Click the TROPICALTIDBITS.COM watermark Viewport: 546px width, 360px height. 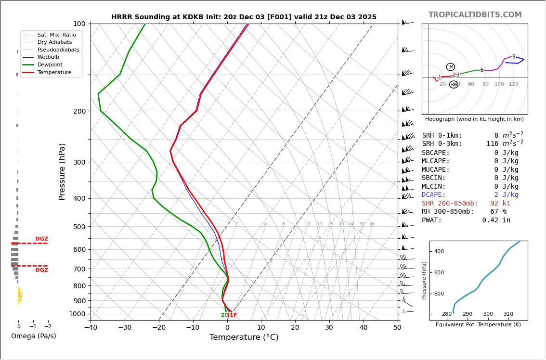tap(475, 15)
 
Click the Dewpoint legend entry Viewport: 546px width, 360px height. tap(50, 64)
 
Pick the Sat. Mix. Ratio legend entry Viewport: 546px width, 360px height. tap(56, 35)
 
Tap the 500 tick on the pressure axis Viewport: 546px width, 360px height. tap(79, 227)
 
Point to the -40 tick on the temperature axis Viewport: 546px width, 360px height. tap(91, 328)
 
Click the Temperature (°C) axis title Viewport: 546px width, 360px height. tap(244, 337)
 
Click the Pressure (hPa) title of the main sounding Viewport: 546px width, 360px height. tap(62, 171)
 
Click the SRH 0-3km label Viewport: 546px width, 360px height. tap(442, 144)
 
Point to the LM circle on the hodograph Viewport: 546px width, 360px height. tap(450, 67)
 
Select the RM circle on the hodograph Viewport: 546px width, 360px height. tap(454, 85)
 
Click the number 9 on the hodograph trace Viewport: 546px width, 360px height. tap(514, 57)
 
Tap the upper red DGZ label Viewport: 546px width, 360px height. tap(41, 239)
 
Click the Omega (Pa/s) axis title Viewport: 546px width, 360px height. tap(33, 336)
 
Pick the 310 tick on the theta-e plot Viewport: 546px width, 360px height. tap(508, 314)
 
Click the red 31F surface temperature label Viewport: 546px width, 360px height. tap(232, 315)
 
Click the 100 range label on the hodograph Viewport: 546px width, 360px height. tap(499, 84)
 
